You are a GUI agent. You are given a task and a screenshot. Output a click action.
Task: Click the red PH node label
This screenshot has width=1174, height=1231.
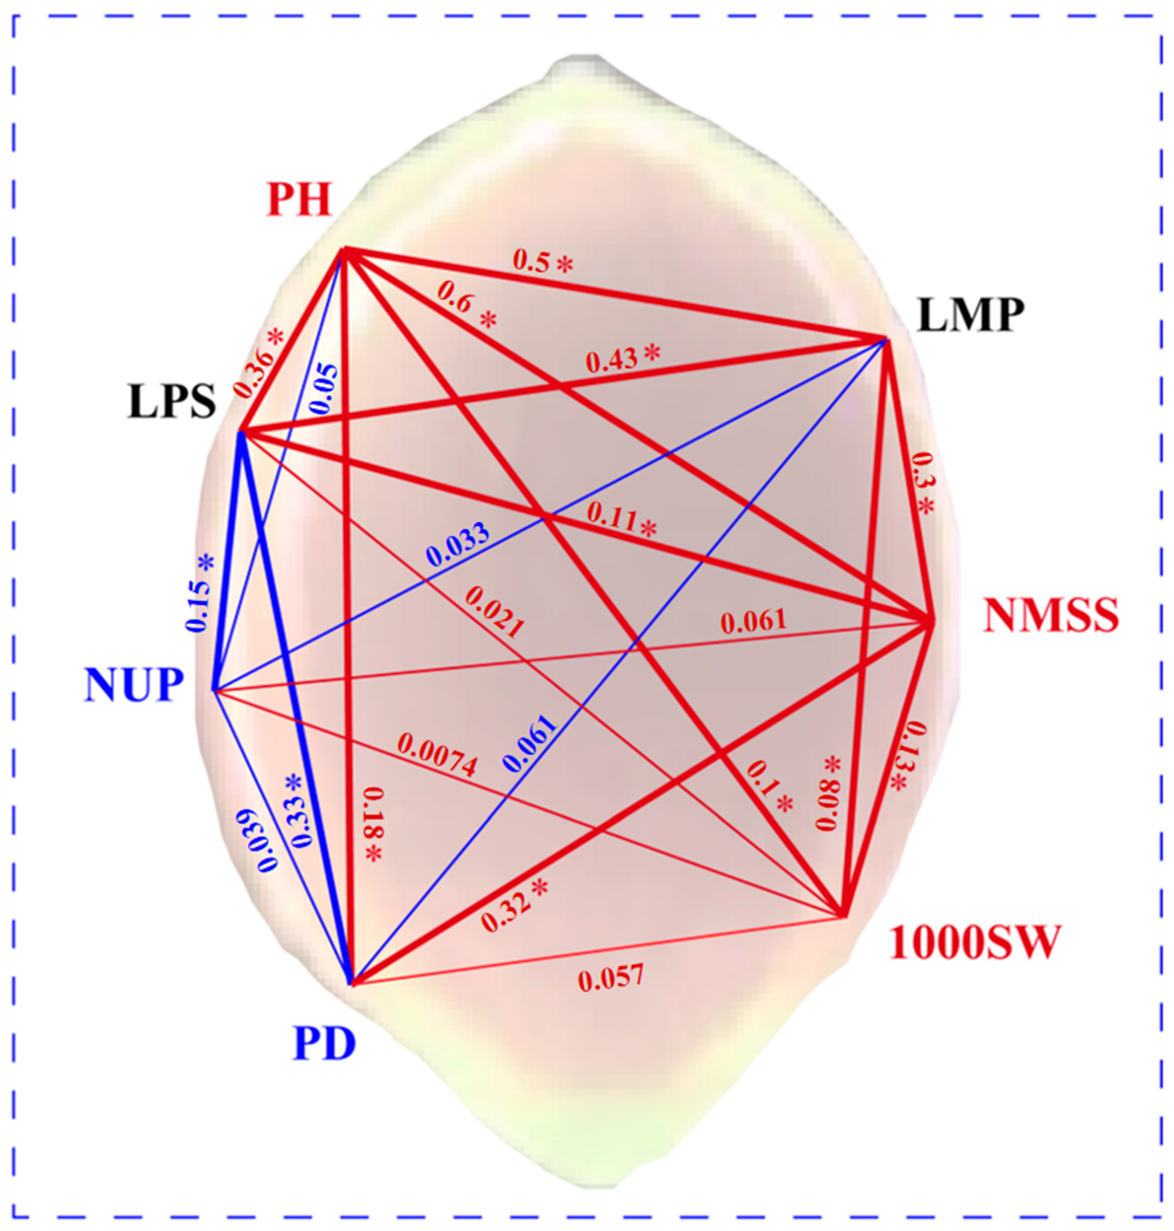coord(299,200)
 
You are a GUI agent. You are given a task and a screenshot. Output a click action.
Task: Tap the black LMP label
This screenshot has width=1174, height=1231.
coord(971,316)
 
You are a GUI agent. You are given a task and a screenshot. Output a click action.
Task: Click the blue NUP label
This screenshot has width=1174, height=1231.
coord(134,685)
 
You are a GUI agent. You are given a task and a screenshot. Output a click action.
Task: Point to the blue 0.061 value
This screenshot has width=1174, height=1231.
coord(530,743)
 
